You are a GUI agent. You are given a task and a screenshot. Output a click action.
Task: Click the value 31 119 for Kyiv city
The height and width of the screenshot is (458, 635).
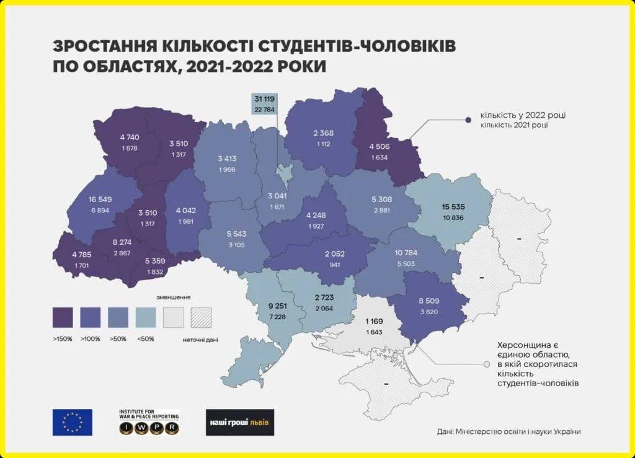click(x=264, y=99)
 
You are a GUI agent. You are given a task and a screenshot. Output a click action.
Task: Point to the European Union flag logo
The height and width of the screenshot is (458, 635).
click(x=73, y=422)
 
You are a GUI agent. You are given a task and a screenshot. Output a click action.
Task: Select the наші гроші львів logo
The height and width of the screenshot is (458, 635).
click(x=239, y=422)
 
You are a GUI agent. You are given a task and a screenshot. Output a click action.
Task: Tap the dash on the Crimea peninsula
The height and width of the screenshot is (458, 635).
click(x=386, y=385)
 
